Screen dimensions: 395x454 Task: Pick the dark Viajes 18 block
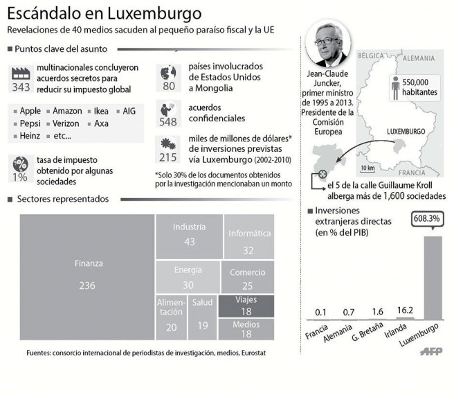pyautogui.click(x=246, y=306)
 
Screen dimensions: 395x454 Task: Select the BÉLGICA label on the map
pyautogui.click(x=370, y=55)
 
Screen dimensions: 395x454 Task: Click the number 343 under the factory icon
pyautogui.click(x=21, y=87)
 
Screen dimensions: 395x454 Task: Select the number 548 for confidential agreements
pyautogui.click(x=168, y=121)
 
